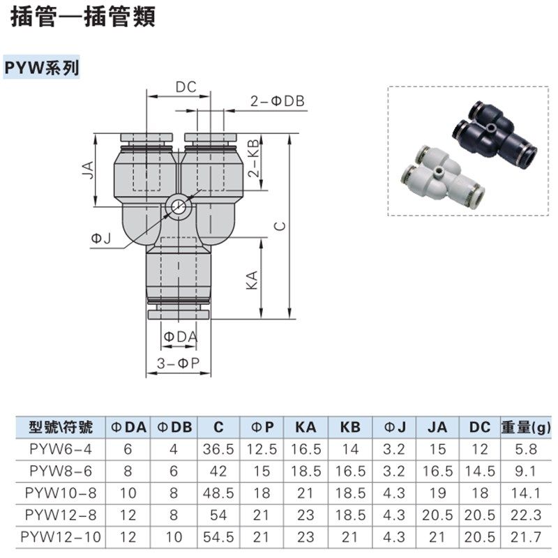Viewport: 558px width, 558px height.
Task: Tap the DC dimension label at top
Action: pos(186,87)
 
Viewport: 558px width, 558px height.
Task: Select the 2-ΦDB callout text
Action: pos(278,101)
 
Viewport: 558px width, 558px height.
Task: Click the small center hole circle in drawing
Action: pos(179,207)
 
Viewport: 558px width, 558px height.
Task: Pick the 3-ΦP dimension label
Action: pos(179,363)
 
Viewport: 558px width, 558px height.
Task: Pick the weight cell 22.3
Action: pos(525,515)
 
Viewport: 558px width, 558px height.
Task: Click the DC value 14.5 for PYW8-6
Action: pos(480,472)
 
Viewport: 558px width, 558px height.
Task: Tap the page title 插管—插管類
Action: pos(82,17)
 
